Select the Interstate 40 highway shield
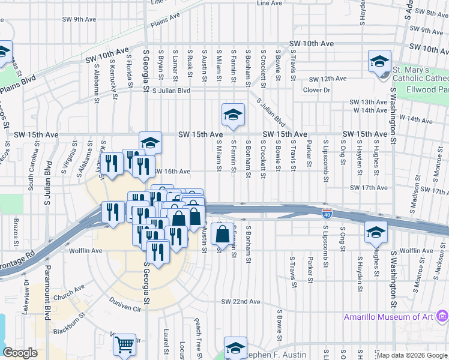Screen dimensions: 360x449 (x=327, y=214)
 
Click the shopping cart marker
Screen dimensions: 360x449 (x=124, y=345)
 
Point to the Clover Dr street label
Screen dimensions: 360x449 (x=316, y=90)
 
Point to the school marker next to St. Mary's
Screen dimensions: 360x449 (x=380, y=63)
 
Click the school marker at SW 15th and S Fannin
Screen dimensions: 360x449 (x=233, y=115)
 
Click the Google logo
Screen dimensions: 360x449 (x=20, y=353)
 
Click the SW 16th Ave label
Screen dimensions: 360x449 (x=172, y=172)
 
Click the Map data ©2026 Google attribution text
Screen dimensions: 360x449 (x=412, y=355)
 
